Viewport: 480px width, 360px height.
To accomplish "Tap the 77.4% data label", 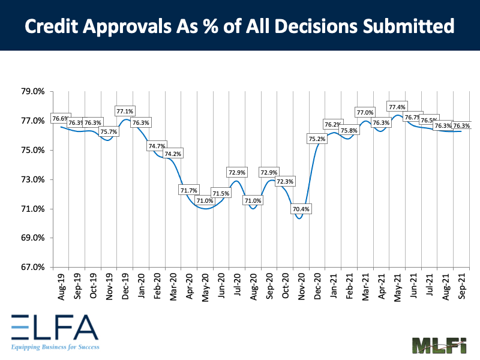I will coord(397,107).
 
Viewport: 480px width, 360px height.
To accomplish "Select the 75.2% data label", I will coord(317,139).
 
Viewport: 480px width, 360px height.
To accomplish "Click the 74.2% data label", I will coord(173,154).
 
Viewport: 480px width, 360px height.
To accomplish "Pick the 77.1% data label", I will coord(125,111).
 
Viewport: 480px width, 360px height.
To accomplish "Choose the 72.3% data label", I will coord(285,181).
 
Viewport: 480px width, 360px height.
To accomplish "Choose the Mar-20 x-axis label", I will coord(172,287).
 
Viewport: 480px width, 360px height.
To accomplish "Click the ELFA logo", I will coord(53,327).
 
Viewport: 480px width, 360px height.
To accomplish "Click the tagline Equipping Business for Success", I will coord(55,347).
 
